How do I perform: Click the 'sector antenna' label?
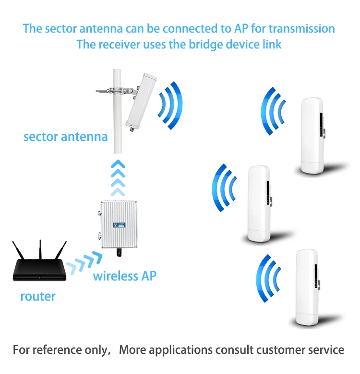[x=65, y=137]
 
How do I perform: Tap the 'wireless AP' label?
[x=124, y=276]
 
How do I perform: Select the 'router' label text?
[x=38, y=296]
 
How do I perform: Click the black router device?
[x=39, y=271]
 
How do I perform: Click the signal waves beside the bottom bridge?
[x=269, y=279]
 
